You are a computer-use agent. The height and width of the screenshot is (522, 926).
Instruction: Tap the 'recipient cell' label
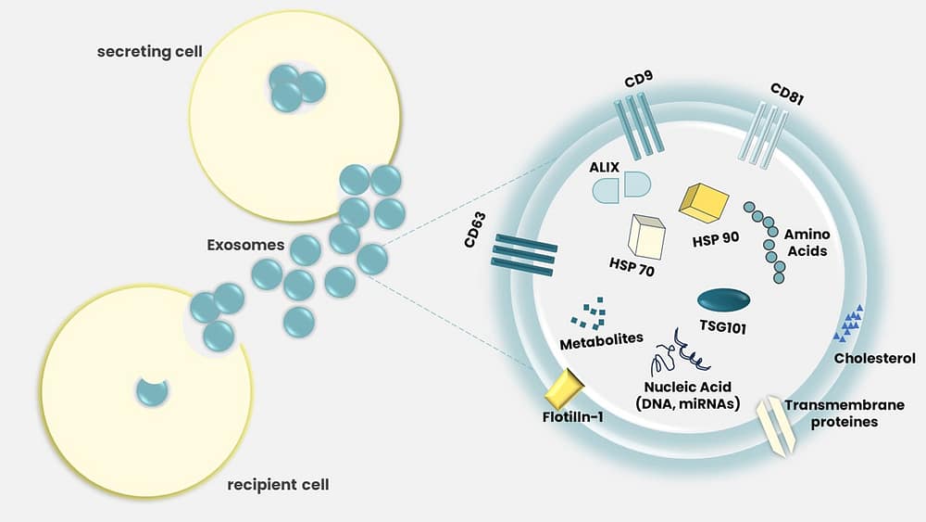coord(279,484)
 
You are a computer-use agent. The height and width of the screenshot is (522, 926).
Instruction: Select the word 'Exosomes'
coord(244,247)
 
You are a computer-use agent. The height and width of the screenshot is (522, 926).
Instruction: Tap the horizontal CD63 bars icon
coord(525,254)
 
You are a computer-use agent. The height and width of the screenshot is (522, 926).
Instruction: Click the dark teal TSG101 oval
coord(723,300)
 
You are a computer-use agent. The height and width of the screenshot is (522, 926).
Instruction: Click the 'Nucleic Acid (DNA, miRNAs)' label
coord(682,393)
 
